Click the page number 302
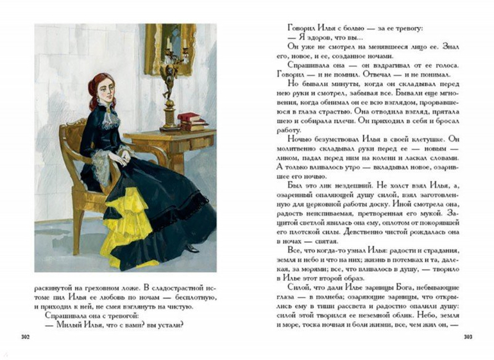[26, 336]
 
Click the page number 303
[467, 336]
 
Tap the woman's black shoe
[192, 246]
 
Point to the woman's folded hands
[121, 155]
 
